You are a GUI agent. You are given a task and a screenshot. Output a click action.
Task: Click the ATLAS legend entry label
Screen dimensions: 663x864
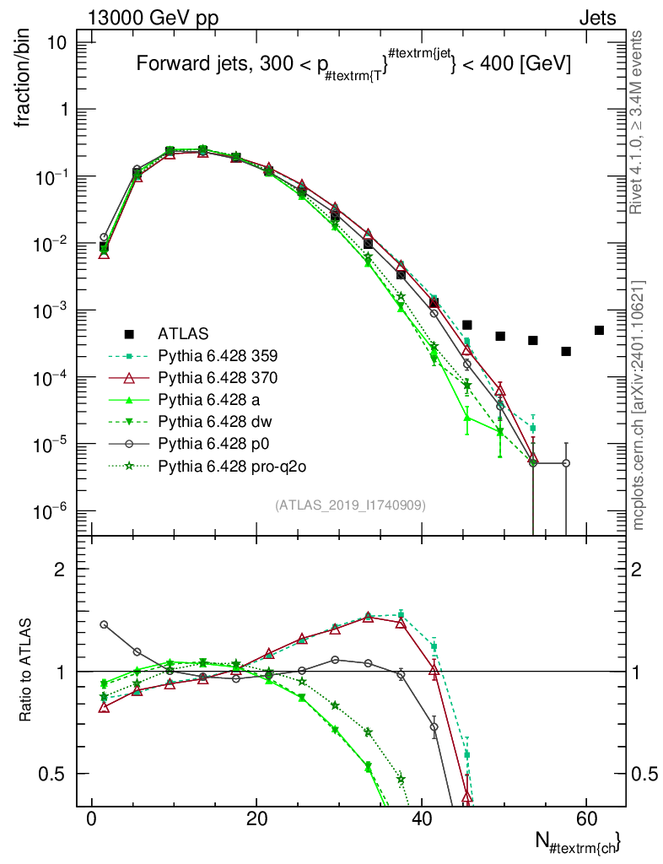(x=183, y=333)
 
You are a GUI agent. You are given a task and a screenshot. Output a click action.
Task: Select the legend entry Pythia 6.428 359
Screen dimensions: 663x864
(x=218, y=355)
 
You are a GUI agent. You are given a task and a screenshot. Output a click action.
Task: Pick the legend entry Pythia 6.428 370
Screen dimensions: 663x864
(x=218, y=377)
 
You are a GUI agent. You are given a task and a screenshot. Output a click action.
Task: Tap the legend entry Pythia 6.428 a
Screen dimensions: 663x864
(x=208, y=399)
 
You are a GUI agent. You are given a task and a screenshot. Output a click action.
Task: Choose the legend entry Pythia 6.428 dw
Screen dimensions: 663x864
(x=215, y=422)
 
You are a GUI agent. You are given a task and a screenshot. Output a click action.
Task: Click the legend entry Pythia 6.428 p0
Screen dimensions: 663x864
(x=213, y=444)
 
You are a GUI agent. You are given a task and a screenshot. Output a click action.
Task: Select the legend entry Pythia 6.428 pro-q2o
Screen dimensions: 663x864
(x=232, y=466)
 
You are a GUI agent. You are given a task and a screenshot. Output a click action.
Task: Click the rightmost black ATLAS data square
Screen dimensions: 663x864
(x=599, y=330)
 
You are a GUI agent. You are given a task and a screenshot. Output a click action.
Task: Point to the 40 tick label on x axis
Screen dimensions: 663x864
(x=422, y=818)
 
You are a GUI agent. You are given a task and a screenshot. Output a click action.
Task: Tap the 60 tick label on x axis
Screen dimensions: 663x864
(x=587, y=818)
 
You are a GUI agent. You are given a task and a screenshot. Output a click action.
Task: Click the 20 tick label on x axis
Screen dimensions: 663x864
(x=256, y=818)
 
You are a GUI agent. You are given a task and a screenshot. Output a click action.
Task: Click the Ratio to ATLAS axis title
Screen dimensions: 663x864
(x=25, y=669)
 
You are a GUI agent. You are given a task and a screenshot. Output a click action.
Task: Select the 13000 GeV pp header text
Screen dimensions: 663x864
(x=153, y=18)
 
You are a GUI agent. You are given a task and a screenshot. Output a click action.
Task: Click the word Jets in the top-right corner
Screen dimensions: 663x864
(x=597, y=18)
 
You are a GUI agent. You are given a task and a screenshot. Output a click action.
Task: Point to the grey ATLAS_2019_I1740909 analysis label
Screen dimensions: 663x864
(x=350, y=505)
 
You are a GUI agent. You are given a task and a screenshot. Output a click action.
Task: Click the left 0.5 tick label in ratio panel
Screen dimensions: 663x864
(x=51, y=774)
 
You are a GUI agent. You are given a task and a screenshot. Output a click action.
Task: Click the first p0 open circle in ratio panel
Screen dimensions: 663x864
(x=104, y=624)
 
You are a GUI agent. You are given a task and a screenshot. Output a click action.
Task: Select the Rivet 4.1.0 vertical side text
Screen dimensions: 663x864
(x=635, y=122)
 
